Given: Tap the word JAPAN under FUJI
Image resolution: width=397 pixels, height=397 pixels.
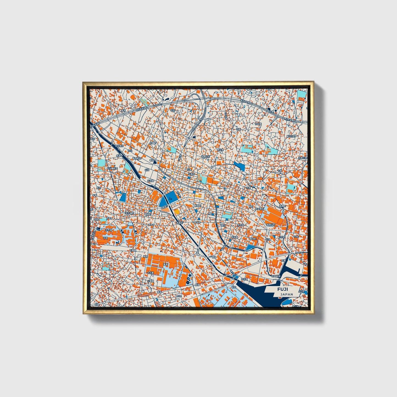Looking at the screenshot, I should point(287,294).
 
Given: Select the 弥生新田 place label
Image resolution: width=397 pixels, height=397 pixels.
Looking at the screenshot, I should point(120,146).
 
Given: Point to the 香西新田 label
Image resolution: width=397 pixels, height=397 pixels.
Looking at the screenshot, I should point(137,159).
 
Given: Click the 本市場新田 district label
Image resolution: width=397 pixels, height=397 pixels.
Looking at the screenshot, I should point(112,168).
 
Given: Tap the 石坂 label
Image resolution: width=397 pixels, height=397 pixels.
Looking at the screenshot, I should point(238,129).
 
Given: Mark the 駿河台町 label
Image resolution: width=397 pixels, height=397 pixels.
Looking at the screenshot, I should point(291,136).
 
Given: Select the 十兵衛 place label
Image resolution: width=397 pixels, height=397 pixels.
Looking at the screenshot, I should point(150,273).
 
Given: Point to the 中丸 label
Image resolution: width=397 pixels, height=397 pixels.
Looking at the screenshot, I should point(179,296).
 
